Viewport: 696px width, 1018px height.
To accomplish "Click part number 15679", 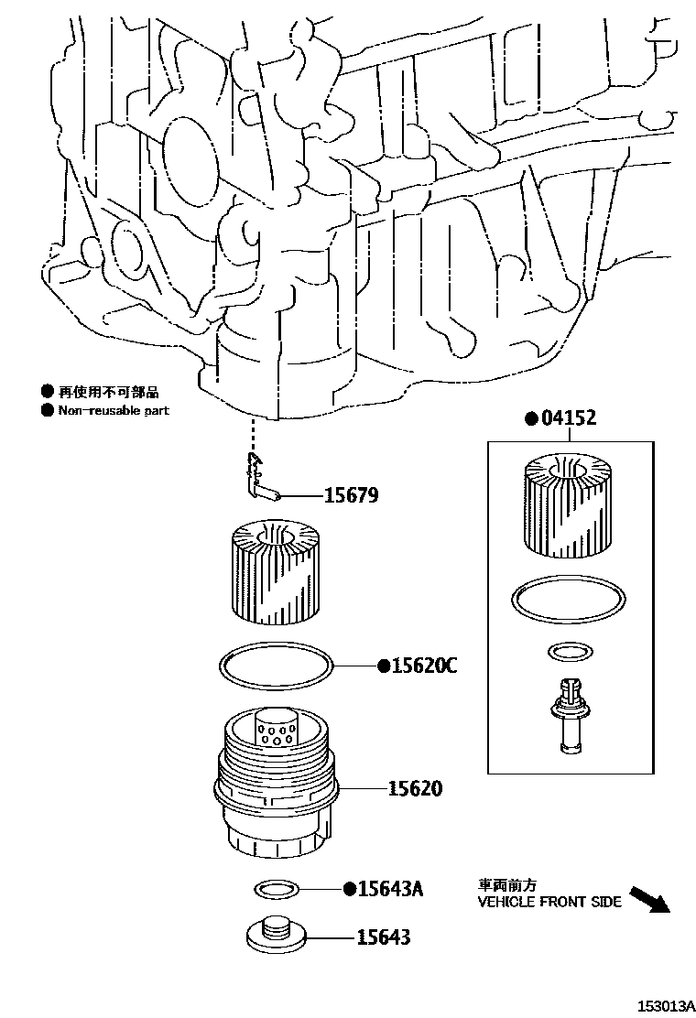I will point(351,495).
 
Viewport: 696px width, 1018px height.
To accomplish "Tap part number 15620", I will point(415,787).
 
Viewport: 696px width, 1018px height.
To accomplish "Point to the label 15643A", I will point(389,889).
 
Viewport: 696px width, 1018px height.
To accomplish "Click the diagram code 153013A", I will point(659,1006).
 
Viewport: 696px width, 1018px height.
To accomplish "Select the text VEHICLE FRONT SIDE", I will point(549,902).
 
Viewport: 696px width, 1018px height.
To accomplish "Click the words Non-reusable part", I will point(114,411).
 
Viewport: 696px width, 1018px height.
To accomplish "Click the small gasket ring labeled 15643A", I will point(275,887).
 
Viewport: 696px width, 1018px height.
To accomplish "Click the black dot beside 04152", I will point(530,419).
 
